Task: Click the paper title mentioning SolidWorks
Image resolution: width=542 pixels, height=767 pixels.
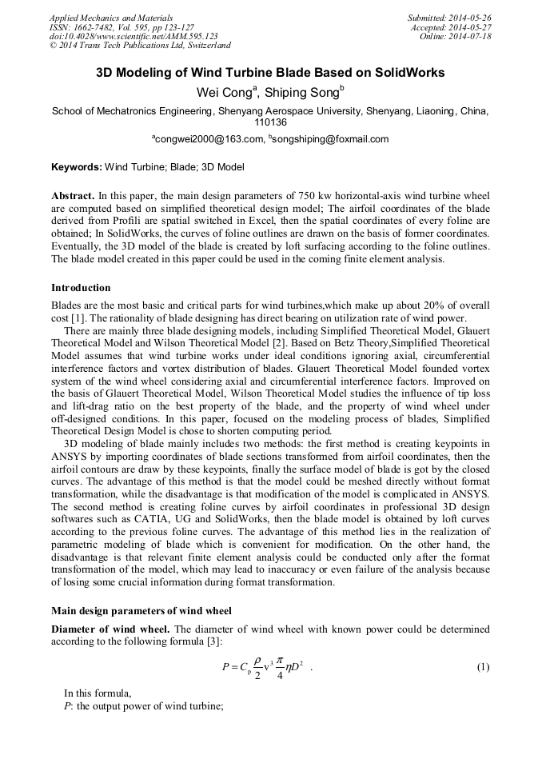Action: coord(270,72)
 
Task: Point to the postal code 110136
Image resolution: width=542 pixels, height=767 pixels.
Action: coord(270,123)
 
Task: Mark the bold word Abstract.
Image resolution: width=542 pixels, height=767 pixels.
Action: coord(73,195)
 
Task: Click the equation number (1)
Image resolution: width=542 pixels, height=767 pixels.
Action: coord(483,667)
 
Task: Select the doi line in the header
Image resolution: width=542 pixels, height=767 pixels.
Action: coord(134,36)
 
